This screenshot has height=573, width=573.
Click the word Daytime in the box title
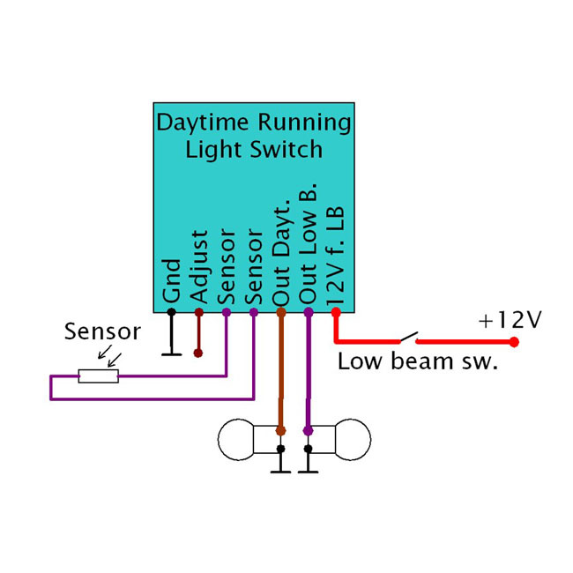tap(198, 122)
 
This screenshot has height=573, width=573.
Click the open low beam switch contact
tap(407, 337)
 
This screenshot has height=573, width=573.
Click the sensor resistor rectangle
tap(98, 376)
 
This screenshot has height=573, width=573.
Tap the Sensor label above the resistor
tap(103, 332)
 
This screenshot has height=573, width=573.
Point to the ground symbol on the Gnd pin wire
tap(171, 354)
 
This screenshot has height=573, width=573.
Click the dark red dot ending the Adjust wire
tap(198, 353)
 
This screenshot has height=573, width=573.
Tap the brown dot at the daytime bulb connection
tap(280, 431)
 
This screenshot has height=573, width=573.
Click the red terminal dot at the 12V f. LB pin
tap(335, 311)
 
